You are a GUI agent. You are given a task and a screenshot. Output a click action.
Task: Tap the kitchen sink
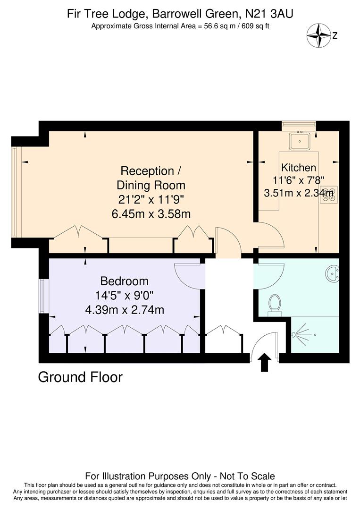299,141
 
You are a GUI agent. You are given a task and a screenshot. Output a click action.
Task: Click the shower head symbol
296,334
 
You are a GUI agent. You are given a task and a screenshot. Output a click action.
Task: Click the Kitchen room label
298,168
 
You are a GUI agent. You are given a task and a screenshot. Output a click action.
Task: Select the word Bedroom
125,281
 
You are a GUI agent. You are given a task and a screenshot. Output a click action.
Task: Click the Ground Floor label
80,377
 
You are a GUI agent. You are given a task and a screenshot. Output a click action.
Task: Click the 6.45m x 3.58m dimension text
151,214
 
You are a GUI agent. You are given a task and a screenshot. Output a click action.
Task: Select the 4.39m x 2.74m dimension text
125,310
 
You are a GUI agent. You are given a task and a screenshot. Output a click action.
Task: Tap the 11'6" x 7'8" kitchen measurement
298,180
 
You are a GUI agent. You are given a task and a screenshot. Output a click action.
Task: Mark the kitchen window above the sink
299,125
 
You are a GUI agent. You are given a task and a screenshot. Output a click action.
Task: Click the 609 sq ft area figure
254,26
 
